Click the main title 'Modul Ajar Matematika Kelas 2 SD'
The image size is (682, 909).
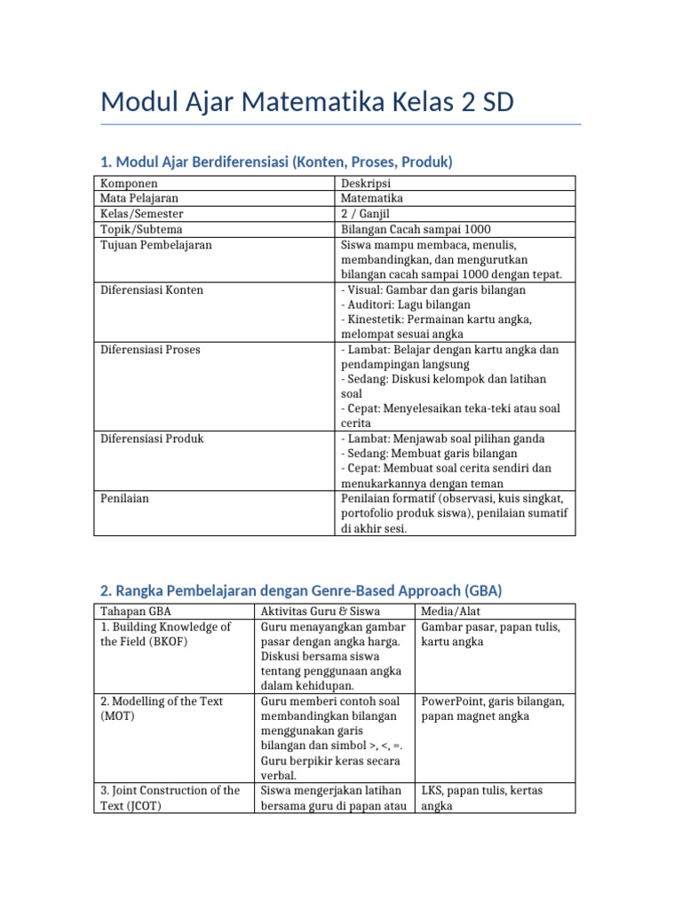click(307, 103)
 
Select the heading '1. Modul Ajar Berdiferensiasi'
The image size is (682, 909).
click(276, 162)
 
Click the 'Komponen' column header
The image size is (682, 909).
click(129, 184)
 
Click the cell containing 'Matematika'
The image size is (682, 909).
click(372, 199)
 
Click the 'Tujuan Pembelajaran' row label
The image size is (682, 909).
click(156, 244)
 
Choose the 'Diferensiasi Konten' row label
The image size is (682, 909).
click(151, 289)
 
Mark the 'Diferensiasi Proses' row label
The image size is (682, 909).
click(150, 350)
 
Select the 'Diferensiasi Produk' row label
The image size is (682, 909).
click(153, 439)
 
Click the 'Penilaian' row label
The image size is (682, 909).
click(124, 499)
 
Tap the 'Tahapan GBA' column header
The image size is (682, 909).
click(136, 612)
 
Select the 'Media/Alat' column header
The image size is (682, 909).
click(451, 612)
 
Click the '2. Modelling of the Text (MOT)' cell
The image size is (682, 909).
click(162, 708)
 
